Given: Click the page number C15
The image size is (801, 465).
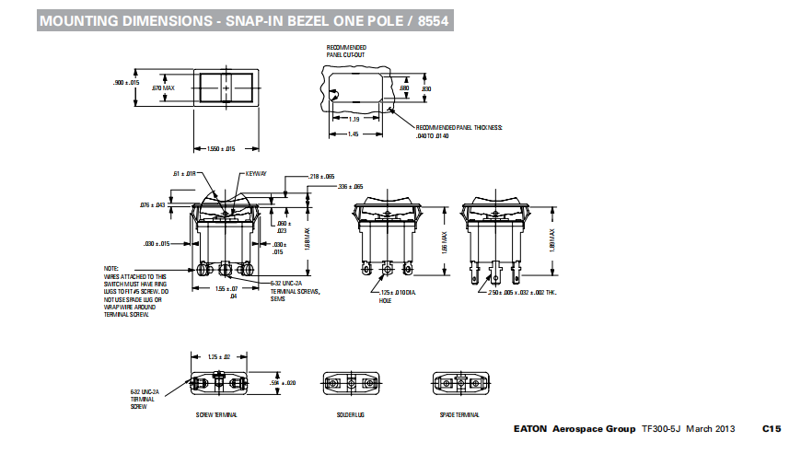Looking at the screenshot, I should coord(771,429).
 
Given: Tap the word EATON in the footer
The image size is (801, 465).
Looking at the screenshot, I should coord(530,429).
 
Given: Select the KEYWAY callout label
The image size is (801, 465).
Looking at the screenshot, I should coord(255,174).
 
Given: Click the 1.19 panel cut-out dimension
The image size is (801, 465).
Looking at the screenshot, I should coord(354,120).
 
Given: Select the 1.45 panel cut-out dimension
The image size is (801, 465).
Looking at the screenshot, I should coord(353,134).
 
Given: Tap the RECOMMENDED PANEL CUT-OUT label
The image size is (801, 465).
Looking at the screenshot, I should coord(346,51).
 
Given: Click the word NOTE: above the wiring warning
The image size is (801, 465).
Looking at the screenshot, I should coord(111,268).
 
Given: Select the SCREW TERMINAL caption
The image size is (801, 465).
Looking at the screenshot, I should coord(217,415).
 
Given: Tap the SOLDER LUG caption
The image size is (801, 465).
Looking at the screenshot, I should coord(352,415).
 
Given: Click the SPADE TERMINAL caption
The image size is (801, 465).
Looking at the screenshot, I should coord(460,415).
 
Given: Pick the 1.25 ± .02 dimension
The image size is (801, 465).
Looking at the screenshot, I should coord(217,355).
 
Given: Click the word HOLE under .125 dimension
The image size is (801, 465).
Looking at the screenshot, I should coord(385,299).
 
